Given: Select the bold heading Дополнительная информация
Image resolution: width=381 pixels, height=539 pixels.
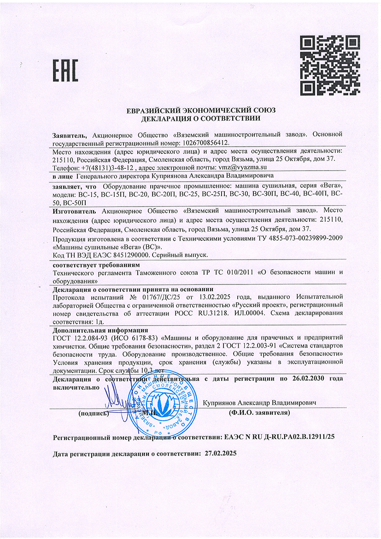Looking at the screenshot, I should tap(100, 330).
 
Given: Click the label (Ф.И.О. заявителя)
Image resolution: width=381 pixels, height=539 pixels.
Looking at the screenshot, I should tap(259, 412).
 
